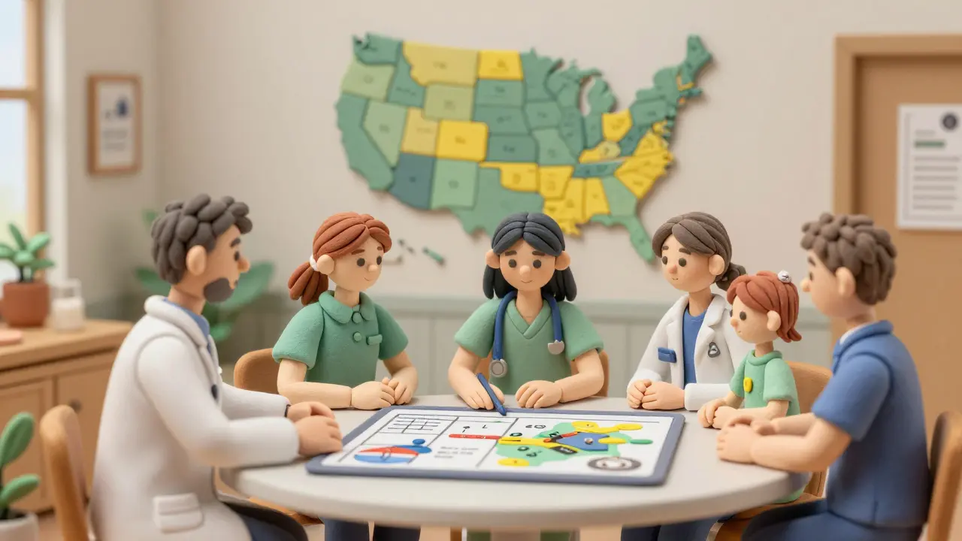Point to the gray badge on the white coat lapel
713,349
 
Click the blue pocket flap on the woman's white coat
666,355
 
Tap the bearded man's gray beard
219,290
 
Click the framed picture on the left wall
114,124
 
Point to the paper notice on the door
930,165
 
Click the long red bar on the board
475,436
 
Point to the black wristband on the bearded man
287,411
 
